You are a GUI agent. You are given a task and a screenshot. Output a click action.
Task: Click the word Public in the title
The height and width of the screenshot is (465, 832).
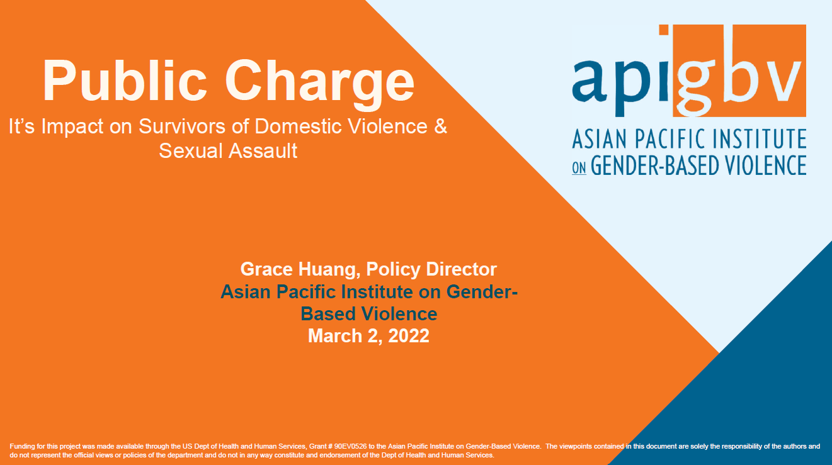point(125,80)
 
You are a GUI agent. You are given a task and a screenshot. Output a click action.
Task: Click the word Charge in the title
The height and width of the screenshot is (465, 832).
point(320,84)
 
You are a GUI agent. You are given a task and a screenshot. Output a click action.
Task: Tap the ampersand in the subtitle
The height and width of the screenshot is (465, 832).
point(440,126)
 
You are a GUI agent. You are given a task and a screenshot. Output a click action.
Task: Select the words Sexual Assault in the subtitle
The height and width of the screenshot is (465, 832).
point(228,150)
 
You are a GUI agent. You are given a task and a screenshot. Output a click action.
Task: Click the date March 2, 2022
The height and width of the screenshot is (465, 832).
point(368,336)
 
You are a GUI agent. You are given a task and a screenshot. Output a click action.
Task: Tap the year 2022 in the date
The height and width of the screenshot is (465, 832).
point(409,336)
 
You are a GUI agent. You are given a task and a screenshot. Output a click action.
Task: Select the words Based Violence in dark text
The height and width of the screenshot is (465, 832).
point(369,314)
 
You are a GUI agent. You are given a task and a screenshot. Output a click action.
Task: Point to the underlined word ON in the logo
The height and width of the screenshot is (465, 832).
point(579,168)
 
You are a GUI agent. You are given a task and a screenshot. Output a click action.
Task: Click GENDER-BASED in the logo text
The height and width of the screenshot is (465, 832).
point(654,165)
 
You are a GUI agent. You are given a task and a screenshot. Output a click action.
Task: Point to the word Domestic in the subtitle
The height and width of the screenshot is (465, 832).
point(298,126)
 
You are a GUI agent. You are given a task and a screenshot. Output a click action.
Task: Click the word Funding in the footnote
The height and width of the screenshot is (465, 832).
point(22,447)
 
